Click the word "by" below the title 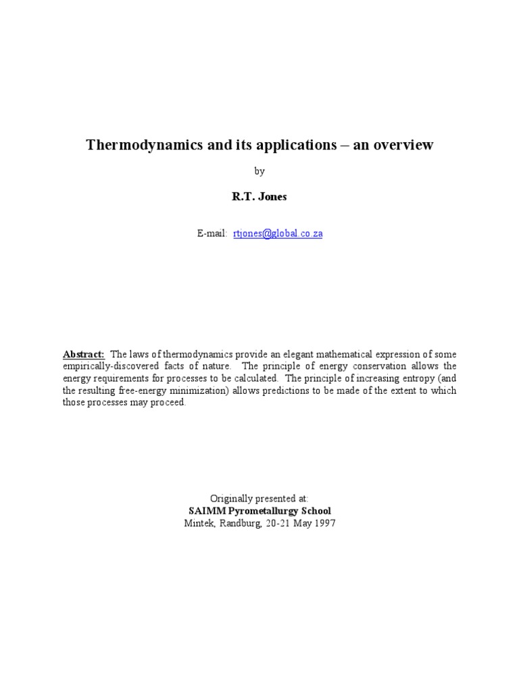tap(259, 172)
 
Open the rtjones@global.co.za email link tap(278, 233)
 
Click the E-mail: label tap(212, 233)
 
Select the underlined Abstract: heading tap(84, 354)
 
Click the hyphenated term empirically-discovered tap(107, 366)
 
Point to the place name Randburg tap(237, 523)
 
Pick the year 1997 tap(324, 523)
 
